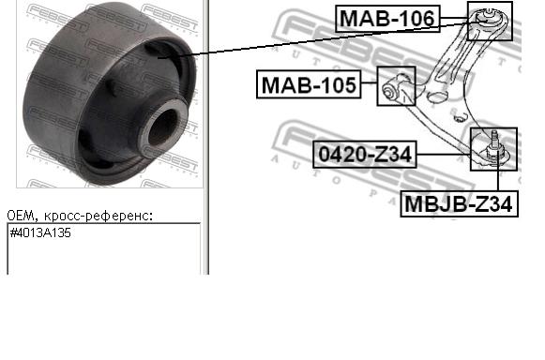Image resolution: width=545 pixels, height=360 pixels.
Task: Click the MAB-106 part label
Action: (387, 17)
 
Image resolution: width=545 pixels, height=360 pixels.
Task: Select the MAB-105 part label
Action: (309, 85)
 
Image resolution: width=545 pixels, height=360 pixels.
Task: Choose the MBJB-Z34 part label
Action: (458, 202)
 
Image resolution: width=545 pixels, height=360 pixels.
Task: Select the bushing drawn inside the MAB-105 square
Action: (396, 87)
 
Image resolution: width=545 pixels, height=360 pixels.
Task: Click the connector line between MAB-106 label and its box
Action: (454, 18)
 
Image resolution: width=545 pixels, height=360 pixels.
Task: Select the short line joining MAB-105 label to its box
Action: (369, 86)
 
